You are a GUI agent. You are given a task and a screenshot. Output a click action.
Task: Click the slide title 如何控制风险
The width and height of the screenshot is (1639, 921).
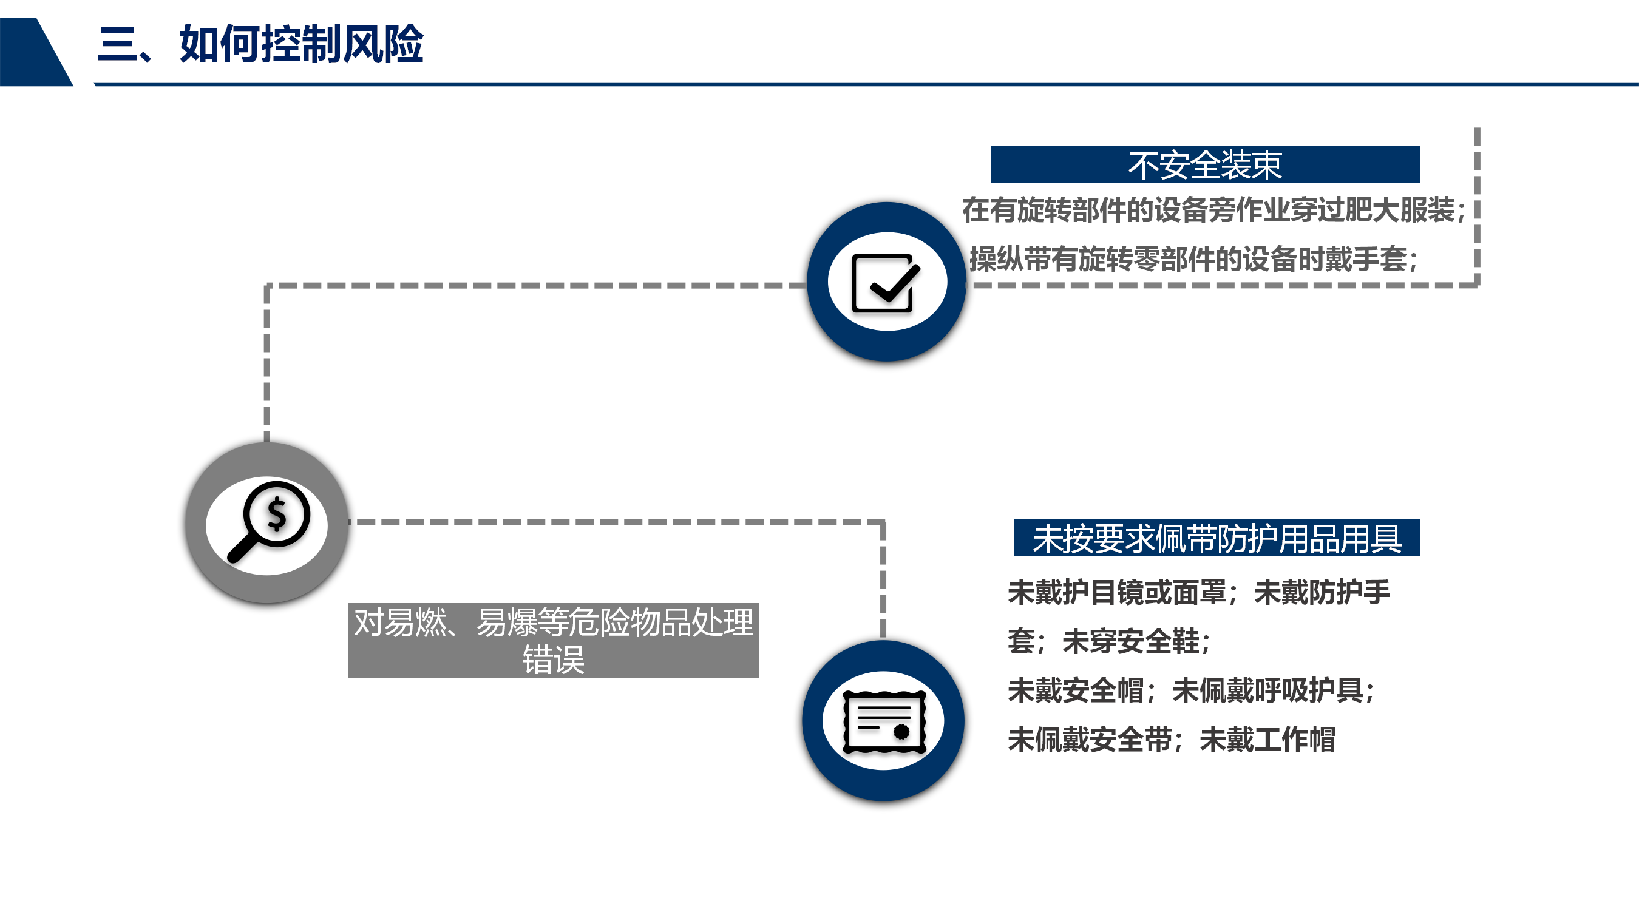(301, 44)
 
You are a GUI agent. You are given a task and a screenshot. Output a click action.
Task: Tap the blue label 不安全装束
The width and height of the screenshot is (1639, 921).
(1204, 165)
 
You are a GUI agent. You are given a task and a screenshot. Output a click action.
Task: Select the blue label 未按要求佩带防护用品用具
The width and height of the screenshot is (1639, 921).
(1216, 539)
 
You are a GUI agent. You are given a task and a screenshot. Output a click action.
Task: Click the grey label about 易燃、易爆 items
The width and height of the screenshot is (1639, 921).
(553, 640)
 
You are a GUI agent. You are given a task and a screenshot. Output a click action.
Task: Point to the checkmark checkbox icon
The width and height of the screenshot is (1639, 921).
(885, 283)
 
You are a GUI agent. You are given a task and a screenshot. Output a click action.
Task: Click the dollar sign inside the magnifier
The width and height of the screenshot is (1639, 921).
(277, 514)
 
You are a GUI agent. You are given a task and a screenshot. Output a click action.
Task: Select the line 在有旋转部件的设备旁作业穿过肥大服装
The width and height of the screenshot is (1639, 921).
(1208, 211)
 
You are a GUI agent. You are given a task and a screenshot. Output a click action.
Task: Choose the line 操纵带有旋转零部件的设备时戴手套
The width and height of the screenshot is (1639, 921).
(1189, 260)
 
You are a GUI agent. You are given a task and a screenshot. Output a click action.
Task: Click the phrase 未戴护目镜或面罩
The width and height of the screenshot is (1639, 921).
(1116, 593)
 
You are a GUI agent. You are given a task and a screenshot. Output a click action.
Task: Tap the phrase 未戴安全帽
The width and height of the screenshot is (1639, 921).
(1076, 690)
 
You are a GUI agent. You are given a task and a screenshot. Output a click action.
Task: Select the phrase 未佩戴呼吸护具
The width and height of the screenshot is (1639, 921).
(1267, 690)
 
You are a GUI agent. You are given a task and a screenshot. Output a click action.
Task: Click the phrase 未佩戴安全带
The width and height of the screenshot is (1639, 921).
(1089, 740)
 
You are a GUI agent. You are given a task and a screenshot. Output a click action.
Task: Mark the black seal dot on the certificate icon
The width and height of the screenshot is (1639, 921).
(901, 732)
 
